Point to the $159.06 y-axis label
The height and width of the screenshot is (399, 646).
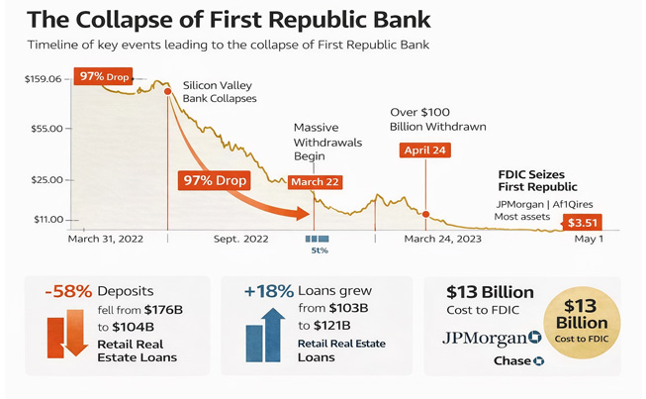[42, 78]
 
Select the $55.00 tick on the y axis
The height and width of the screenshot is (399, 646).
[45, 129]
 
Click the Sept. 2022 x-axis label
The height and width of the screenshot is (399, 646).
[239, 240]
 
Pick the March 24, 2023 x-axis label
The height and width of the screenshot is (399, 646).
[443, 240]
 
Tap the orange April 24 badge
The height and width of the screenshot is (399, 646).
[426, 150]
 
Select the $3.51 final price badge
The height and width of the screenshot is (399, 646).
[582, 223]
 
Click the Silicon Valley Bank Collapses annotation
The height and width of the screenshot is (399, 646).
[220, 92]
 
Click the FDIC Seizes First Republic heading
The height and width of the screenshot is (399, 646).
[537, 180]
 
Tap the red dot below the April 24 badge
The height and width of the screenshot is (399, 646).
[426, 214]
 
